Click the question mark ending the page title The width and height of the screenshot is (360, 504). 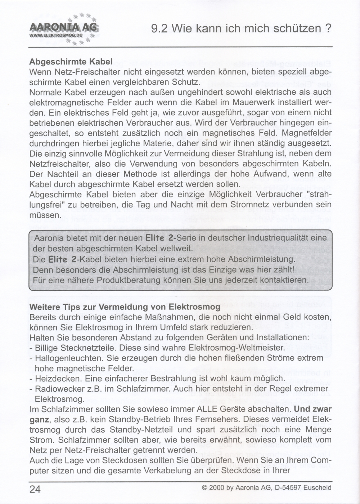click(328, 28)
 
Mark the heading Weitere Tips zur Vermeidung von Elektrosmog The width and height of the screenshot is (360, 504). click(125, 307)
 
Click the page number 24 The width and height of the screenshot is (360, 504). click(35, 489)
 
